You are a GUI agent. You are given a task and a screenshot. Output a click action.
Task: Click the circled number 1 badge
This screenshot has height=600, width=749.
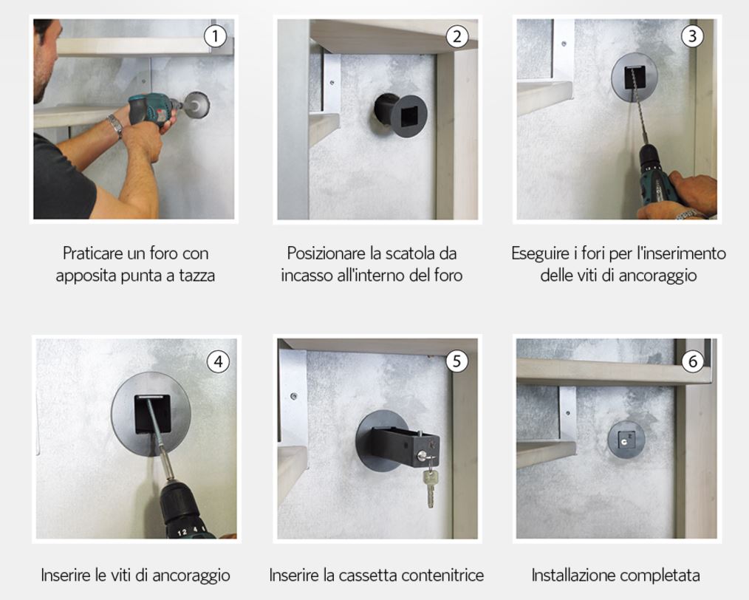(x=216, y=35)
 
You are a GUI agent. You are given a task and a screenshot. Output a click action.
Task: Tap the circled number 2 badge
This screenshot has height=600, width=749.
(x=458, y=35)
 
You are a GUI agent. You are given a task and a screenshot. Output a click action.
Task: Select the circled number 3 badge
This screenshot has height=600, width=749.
(x=692, y=35)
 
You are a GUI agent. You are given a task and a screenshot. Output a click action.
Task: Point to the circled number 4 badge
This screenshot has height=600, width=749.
(x=219, y=361)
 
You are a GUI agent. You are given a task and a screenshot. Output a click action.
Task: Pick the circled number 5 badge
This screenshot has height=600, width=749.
(x=457, y=361)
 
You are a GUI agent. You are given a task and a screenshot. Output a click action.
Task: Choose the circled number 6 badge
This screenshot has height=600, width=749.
(x=693, y=361)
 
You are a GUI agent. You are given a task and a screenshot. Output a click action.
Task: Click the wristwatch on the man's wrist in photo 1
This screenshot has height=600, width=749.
(x=115, y=125)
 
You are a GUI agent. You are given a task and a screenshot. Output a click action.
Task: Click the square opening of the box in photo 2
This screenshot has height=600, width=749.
(x=409, y=117)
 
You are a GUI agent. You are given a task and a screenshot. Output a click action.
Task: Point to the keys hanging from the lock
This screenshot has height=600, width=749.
(x=431, y=487)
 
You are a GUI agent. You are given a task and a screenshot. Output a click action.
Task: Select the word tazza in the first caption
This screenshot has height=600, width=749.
(x=196, y=276)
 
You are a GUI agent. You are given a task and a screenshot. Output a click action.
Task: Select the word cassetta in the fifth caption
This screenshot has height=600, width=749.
(x=367, y=575)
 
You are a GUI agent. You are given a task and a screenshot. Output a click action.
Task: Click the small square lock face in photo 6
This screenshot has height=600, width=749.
(x=626, y=440)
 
